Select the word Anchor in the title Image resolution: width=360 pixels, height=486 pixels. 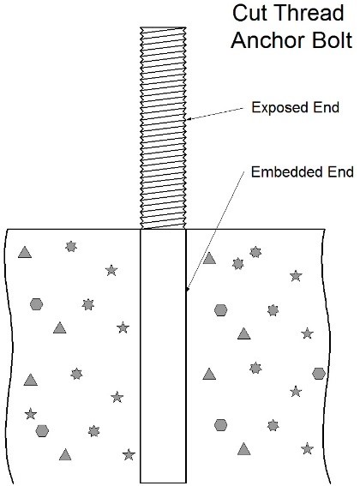pyautogui.click(x=267, y=40)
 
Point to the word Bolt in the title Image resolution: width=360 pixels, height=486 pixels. pyautogui.click(x=332, y=40)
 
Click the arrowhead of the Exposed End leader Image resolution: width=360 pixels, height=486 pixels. pyautogui.click(x=188, y=119)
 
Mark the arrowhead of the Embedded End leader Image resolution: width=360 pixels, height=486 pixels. pyautogui.click(x=187, y=289)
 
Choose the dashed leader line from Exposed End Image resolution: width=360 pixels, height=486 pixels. pyautogui.click(x=215, y=113)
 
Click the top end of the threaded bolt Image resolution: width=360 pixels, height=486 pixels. pyautogui.click(x=163, y=27)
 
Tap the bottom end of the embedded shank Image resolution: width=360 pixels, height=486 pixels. pyautogui.click(x=163, y=483)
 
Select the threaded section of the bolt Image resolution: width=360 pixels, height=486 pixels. pyautogui.click(x=163, y=128)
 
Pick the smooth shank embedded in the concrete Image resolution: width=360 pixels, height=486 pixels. pyautogui.click(x=163, y=356)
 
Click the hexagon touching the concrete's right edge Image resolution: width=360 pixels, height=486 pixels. pyautogui.click(x=319, y=374)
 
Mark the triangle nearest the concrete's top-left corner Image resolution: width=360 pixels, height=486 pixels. pyautogui.click(x=25, y=252)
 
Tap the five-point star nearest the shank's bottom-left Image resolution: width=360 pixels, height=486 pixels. pyautogui.click(x=129, y=454)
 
